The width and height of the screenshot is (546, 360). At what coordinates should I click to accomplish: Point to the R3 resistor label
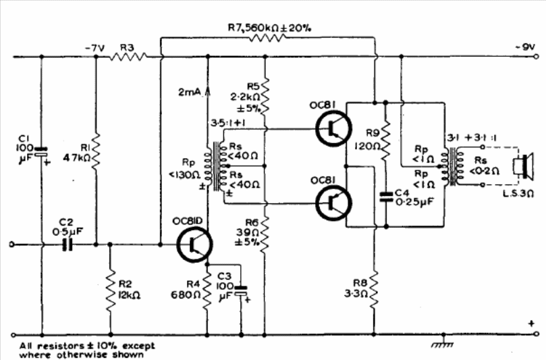pyautogui.click(x=128, y=47)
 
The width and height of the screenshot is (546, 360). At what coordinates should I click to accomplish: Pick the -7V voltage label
pyautogui.click(x=94, y=48)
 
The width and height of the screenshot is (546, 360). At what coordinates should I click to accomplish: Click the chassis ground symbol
pyautogui.click(x=443, y=342)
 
